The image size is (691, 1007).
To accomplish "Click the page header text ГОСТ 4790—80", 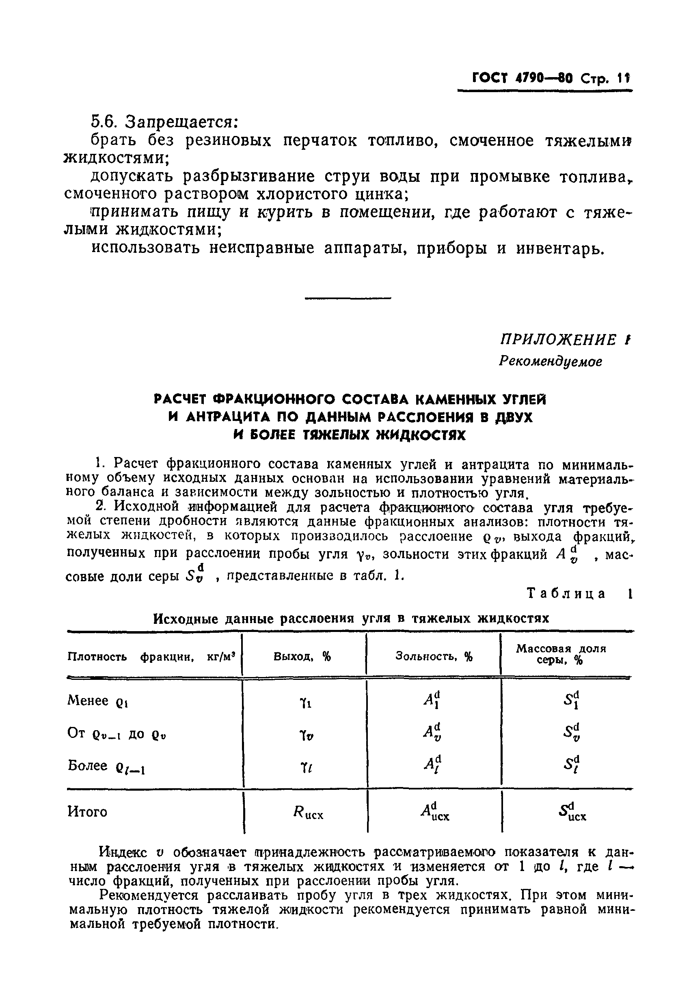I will pos(523,78).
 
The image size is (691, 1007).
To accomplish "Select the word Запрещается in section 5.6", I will pos(181,122).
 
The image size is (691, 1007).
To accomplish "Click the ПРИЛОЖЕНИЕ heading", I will pos(558,340).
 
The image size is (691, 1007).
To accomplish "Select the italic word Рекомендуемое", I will pos(550,361).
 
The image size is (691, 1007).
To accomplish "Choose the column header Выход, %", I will pos(302,656).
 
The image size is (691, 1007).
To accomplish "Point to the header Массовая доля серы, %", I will pos(561,654).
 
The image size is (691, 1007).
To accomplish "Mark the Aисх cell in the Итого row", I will pos(435,812).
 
